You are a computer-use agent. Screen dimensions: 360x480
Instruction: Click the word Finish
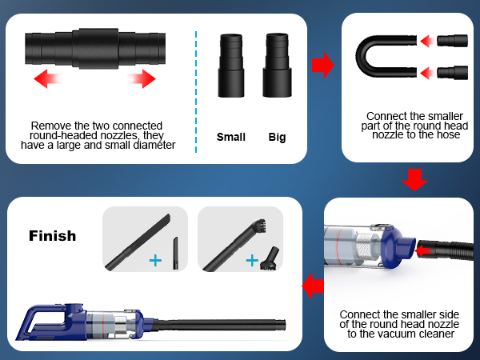pos(53,236)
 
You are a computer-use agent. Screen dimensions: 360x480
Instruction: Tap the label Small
pos(231,137)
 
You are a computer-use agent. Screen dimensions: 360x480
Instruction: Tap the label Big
pos(277,137)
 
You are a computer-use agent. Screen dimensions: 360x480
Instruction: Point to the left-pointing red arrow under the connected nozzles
pos(49,78)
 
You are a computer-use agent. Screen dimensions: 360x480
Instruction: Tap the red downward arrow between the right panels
pos(414,180)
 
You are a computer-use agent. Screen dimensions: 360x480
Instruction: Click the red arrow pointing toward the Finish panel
pos(313,282)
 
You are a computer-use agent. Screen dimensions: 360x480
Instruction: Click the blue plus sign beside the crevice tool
pos(154,260)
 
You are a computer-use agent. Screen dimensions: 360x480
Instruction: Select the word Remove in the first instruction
pos(49,126)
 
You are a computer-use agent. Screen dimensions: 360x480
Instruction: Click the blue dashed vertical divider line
pos(197,88)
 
